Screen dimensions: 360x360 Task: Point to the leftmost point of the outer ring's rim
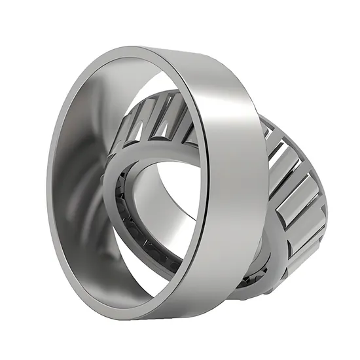(x=49, y=183)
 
